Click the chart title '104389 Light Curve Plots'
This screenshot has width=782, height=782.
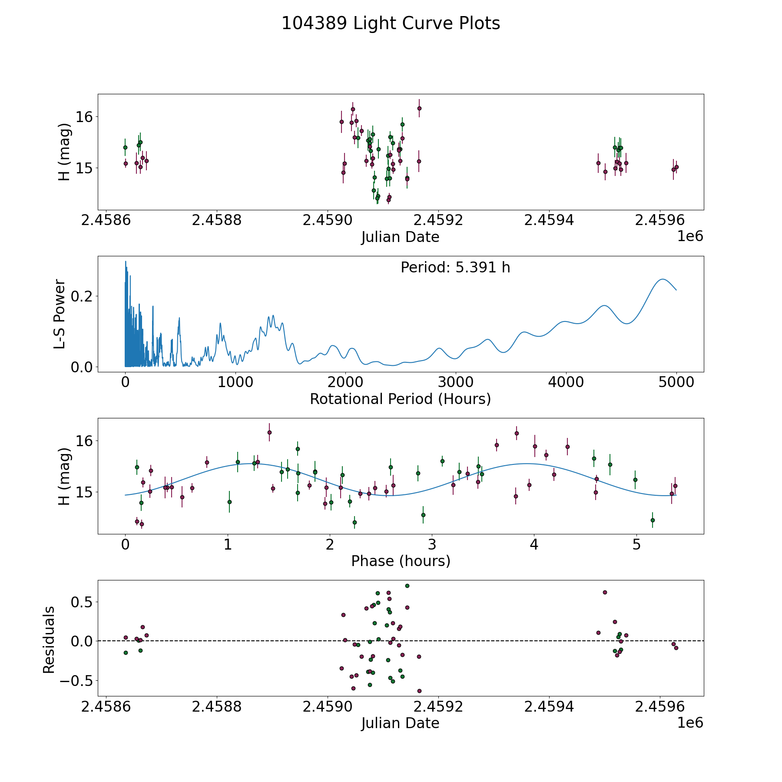pyautogui.click(x=391, y=23)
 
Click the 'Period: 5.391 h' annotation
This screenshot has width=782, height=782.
pyautogui.click(x=455, y=268)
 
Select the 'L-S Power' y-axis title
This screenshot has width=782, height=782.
pyautogui.click(x=60, y=314)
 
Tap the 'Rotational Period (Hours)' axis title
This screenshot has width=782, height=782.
pyautogui.click(x=400, y=399)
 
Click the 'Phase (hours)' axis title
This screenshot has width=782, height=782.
pyautogui.click(x=401, y=561)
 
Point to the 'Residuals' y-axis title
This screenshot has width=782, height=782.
pyautogui.click(x=49, y=640)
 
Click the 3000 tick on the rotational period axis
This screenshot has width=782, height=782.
pyautogui.click(x=455, y=382)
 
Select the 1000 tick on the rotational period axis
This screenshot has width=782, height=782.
pyautogui.click(x=235, y=382)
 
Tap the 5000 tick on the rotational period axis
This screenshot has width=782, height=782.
pyautogui.click(x=676, y=382)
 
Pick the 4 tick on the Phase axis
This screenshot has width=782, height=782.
pyautogui.click(x=534, y=544)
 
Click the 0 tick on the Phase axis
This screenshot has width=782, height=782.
pyautogui.click(x=125, y=544)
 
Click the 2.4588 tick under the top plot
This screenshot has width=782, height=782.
pyautogui.click(x=216, y=220)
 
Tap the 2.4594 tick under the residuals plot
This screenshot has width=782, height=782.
pyautogui.click(x=549, y=707)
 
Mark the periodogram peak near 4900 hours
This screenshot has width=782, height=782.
pyautogui.click(x=663, y=279)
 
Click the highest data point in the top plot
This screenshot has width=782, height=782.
pyautogui.click(x=419, y=108)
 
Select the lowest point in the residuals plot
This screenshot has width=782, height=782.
pyautogui.click(x=419, y=691)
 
